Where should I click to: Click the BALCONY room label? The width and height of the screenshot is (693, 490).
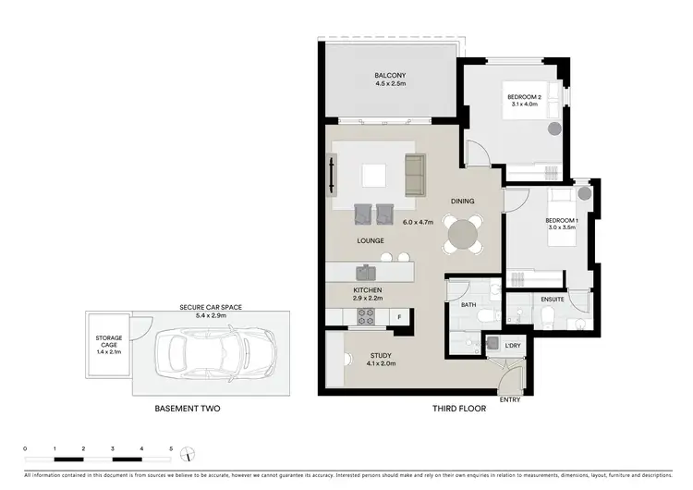tap(390, 76)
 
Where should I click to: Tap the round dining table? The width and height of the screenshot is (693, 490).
tap(461, 235)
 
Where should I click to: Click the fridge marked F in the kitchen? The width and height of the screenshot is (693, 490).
tap(398, 317)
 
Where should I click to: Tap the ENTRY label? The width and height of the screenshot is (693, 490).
tap(510, 398)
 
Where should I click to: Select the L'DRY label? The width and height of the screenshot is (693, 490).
tap(512, 344)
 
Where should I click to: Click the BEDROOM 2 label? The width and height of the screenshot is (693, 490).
tap(524, 97)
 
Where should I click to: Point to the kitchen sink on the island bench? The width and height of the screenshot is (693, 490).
tap(368, 272)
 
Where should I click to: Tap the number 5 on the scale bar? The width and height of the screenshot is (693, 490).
tap(171, 448)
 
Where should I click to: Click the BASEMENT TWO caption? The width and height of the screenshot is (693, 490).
tap(188, 408)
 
